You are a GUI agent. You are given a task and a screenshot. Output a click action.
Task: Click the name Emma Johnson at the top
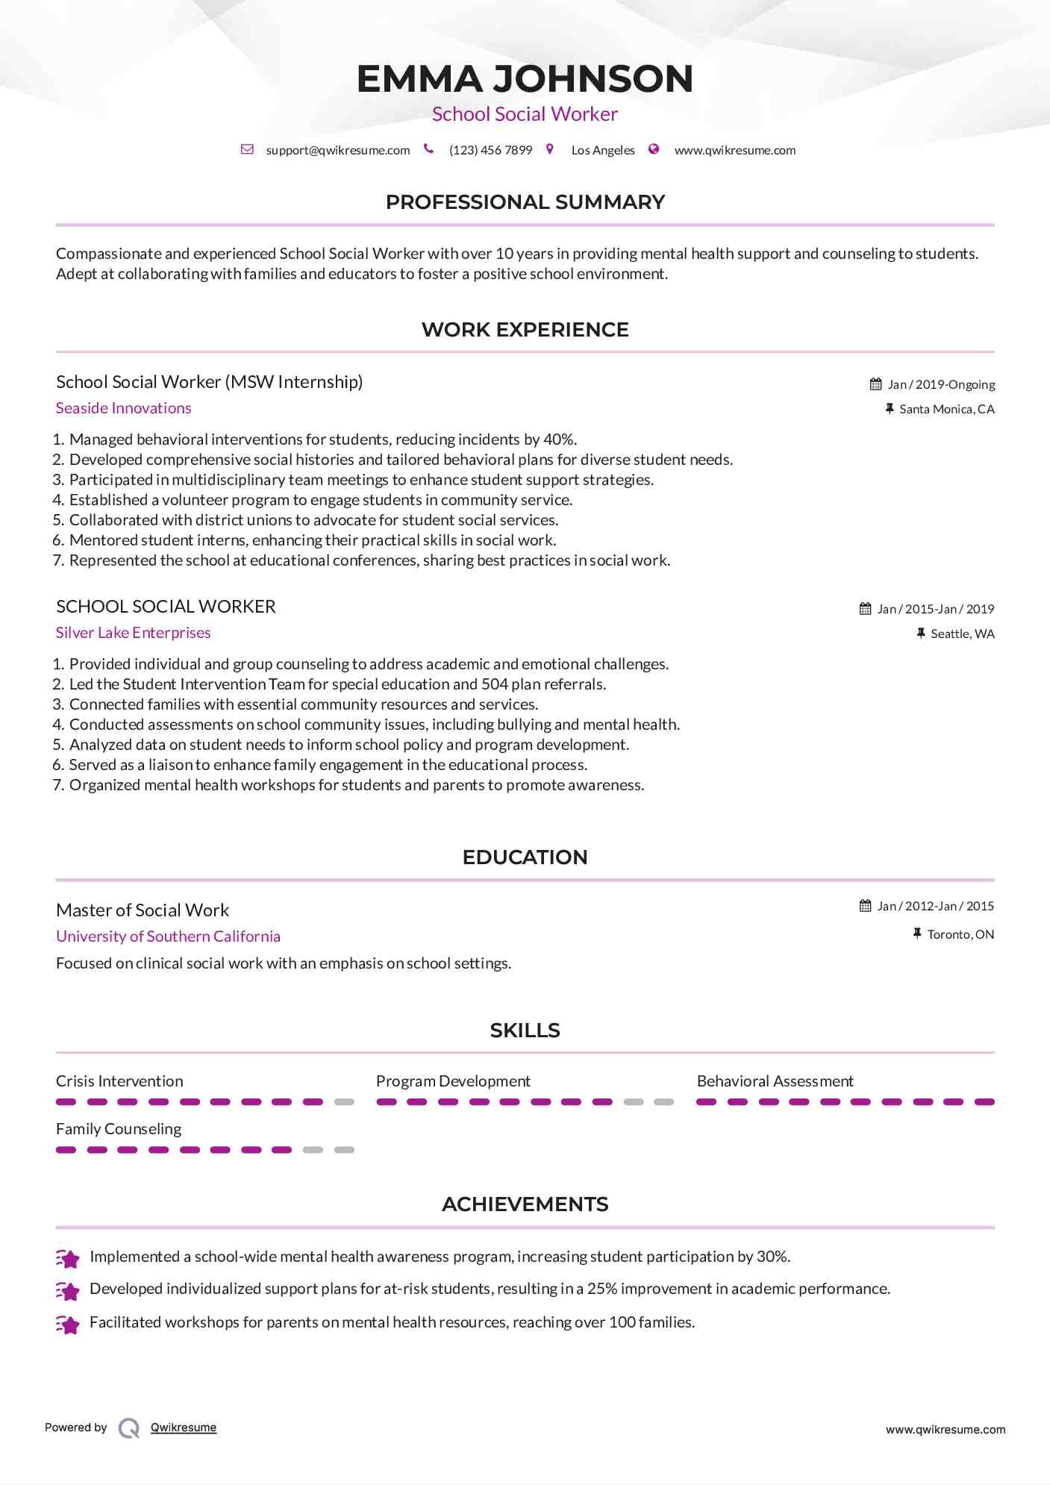525,79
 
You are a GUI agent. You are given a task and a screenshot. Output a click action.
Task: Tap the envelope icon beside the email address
247,149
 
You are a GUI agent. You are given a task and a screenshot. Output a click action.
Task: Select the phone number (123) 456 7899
490,150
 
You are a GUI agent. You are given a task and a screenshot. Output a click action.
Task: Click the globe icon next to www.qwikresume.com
654,149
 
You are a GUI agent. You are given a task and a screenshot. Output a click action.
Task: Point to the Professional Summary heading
525,202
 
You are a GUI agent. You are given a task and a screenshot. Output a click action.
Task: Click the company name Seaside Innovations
124,408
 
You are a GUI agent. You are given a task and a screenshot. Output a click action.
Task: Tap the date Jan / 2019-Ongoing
941,384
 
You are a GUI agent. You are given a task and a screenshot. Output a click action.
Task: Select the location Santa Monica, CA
946,409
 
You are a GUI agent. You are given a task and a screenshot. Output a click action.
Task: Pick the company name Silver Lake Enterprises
134,633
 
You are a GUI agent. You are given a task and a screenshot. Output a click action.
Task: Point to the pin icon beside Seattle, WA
921,634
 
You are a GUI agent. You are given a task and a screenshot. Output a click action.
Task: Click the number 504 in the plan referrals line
495,684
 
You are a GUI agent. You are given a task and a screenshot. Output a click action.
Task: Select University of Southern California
169,937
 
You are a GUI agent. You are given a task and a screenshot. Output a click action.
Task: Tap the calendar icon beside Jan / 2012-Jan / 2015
866,906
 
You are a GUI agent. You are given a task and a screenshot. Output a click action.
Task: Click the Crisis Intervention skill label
119,1081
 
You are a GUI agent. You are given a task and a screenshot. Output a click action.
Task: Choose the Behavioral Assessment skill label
775,1081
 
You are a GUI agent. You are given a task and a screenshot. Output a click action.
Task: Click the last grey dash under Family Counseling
344,1150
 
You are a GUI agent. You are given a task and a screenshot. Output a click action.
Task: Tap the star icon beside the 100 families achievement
68,1325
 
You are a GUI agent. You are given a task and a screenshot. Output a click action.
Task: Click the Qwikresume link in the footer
184,1428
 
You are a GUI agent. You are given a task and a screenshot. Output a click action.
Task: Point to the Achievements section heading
525,1204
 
